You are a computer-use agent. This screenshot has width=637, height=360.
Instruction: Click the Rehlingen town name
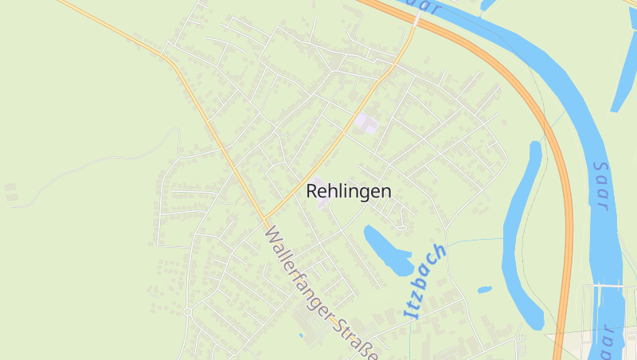point(348,191)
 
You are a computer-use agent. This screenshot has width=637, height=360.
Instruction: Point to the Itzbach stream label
point(425,281)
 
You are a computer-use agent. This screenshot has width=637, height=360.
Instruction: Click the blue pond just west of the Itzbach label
point(386,249)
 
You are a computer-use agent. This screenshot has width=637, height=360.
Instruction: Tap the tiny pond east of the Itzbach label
point(484,289)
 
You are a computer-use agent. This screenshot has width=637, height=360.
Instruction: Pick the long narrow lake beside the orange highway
point(523,239)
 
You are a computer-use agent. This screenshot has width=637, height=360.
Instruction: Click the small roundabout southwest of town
point(188,311)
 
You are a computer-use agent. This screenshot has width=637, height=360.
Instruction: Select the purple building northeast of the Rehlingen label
point(367,123)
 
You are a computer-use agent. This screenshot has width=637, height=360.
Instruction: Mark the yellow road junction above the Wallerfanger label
point(264,219)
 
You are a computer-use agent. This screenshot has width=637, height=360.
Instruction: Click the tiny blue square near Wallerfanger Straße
point(300,335)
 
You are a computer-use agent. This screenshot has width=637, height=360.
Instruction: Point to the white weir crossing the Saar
point(614,285)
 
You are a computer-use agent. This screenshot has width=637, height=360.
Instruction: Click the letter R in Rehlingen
point(312,191)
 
